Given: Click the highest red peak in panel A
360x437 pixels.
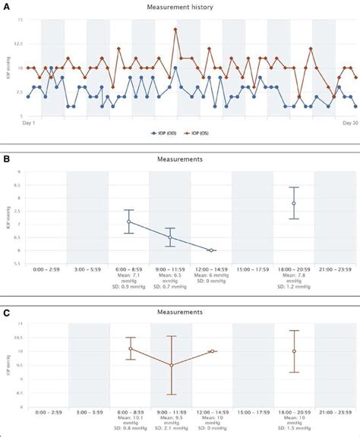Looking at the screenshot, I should pos(175,30).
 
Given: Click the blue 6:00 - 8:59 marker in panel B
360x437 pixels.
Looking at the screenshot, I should pos(129,222).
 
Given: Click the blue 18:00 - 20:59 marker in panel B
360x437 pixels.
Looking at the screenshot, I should pos(294,203).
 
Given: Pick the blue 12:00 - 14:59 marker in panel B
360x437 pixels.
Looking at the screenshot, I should pos(211,250).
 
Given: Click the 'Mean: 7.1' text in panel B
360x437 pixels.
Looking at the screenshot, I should pos(129,276).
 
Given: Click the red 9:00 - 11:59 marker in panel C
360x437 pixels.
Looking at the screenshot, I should pos(170,365).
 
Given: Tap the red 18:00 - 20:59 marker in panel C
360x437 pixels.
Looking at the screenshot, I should pos(294,351).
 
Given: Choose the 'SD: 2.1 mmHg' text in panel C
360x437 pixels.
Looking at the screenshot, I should pos(170,432).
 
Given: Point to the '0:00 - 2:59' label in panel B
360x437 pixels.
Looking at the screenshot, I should pos(46,269).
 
